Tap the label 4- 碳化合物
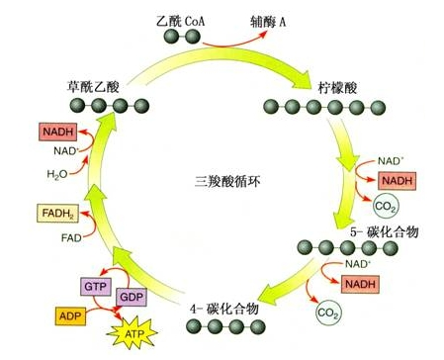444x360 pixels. click(x=224, y=309)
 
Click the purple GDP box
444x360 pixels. click(x=131, y=297)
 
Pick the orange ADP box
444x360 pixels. click(x=69, y=317)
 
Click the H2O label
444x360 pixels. click(x=33, y=173)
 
